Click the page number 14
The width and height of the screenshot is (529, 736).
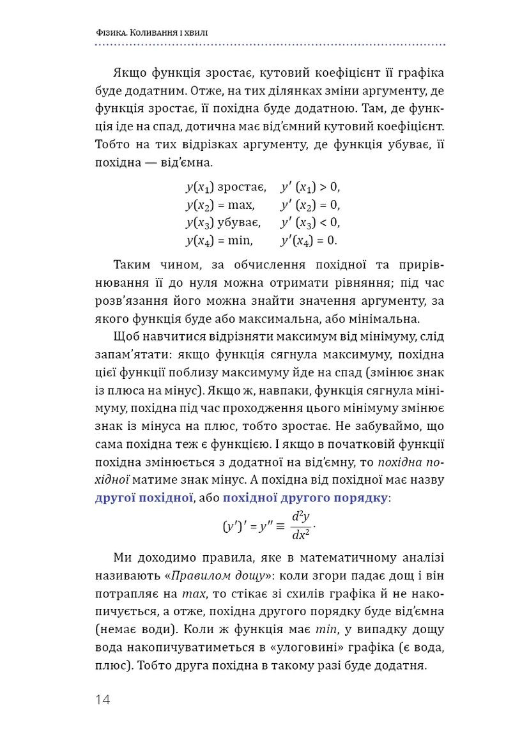click(x=103, y=700)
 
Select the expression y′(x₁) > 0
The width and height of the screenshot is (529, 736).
click(x=310, y=187)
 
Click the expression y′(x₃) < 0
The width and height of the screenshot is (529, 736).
click(x=310, y=223)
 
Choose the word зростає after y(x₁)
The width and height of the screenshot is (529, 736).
click(x=241, y=187)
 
